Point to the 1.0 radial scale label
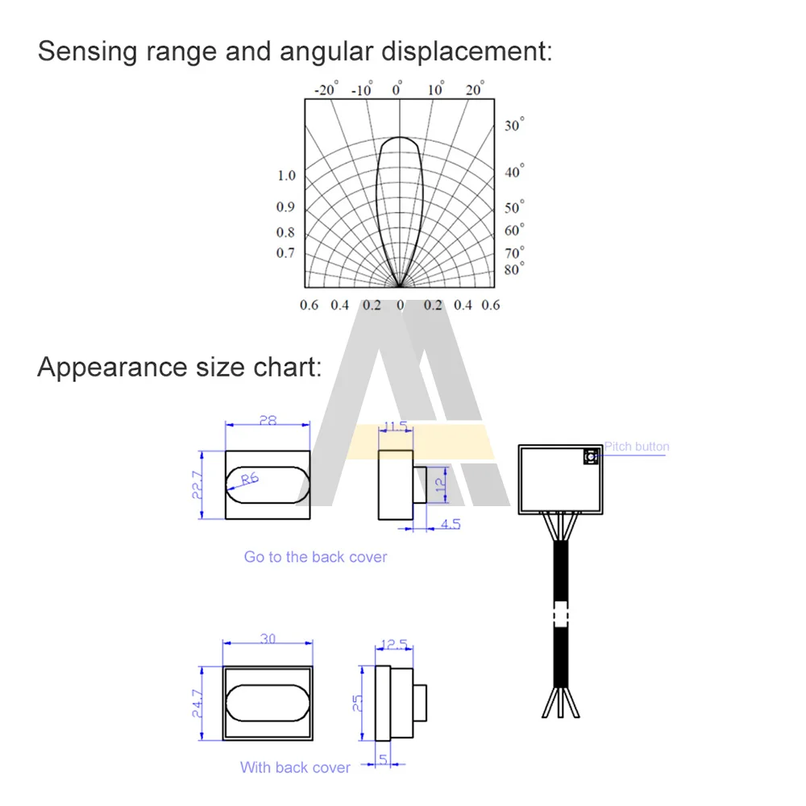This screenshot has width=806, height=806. pyautogui.click(x=286, y=176)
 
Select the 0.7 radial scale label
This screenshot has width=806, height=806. pyautogui.click(x=286, y=253)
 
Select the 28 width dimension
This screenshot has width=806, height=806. pyautogui.click(x=268, y=419)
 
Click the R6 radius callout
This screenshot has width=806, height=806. pyautogui.click(x=248, y=479)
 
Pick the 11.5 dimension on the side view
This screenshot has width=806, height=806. pyautogui.click(x=396, y=425)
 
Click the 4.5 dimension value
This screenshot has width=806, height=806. pyautogui.click(x=451, y=524)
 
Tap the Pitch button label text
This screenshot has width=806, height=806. pyautogui.click(x=637, y=447)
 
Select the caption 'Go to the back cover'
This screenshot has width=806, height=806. pyautogui.click(x=315, y=557)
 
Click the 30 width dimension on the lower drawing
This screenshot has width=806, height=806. pyautogui.click(x=268, y=638)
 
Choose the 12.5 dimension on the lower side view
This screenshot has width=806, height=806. pyautogui.click(x=395, y=644)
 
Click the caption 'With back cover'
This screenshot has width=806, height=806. pyautogui.click(x=295, y=767)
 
